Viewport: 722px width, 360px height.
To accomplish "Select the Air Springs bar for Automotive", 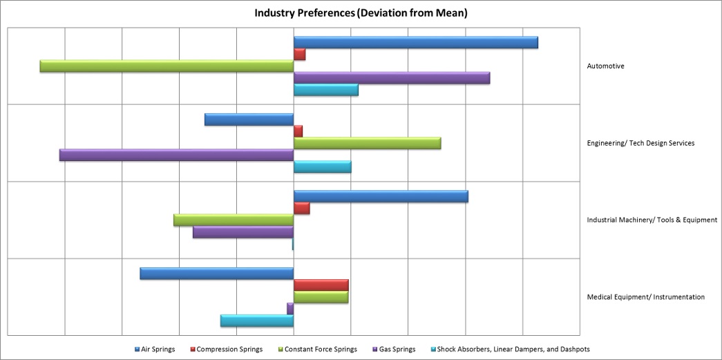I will [x=415, y=42].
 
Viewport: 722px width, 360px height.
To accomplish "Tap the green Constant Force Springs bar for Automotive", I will [x=167, y=66].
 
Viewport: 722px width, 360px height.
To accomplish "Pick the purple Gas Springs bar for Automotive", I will [x=392, y=78].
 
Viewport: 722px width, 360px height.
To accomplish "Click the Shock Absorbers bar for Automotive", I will [x=325, y=90].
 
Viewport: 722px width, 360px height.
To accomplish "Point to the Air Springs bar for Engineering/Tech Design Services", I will [x=249, y=120].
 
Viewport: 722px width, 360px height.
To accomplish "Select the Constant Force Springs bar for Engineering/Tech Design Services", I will [x=367, y=143].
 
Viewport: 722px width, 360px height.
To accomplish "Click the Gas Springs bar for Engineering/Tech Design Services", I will [x=176, y=155].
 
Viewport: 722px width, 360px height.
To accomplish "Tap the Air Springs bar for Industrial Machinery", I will [x=381, y=196].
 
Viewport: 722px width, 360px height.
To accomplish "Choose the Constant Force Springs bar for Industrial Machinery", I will [x=234, y=220].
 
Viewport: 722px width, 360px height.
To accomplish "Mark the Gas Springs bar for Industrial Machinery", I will [x=243, y=232].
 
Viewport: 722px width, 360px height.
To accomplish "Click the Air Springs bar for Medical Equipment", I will [x=216, y=274].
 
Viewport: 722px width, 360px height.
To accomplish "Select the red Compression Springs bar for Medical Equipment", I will [x=321, y=285].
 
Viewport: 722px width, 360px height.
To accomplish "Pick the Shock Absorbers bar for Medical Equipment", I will [x=257, y=321].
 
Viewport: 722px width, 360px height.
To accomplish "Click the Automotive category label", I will [x=605, y=66].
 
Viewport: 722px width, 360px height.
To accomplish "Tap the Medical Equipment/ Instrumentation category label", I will [x=645, y=297].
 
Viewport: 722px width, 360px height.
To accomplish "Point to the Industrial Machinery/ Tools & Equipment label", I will [x=652, y=220].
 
